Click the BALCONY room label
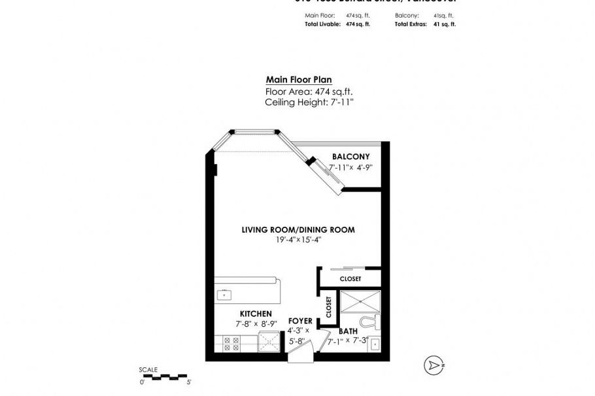350,157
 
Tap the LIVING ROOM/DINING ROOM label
298,230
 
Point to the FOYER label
300,322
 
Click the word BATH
348,331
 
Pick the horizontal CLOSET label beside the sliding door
350,279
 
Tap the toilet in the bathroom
372,322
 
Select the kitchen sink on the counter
224,295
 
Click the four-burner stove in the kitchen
231,344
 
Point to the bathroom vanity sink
375,344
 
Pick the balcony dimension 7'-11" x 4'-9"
350,168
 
